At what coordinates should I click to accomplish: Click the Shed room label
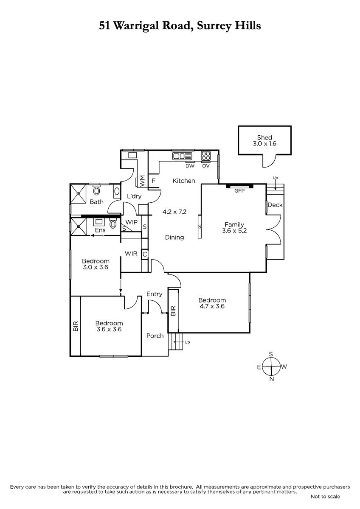click(264, 137)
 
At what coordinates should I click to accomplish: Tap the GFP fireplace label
click(239, 191)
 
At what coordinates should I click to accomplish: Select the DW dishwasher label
click(190, 166)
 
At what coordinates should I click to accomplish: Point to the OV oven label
click(205, 166)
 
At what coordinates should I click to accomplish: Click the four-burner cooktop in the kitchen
click(206, 156)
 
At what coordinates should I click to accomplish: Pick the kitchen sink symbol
click(182, 156)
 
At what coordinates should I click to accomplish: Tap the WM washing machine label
click(142, 181)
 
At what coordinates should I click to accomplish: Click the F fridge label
click(154, 181)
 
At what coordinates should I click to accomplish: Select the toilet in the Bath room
click(97, 190)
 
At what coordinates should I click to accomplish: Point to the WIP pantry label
click(132, 222)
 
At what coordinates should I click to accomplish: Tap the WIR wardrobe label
click(131, 253)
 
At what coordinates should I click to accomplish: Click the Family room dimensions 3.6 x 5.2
click(234, 231)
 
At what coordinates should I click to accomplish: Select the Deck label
click(275, 205)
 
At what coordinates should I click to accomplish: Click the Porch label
click(155, 336)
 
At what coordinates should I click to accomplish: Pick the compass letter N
click(272, 379)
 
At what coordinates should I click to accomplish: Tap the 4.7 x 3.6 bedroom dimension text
click(212, 306)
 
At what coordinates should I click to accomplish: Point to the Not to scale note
click(325, 497)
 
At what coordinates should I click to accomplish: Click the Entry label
click(155, 294)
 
